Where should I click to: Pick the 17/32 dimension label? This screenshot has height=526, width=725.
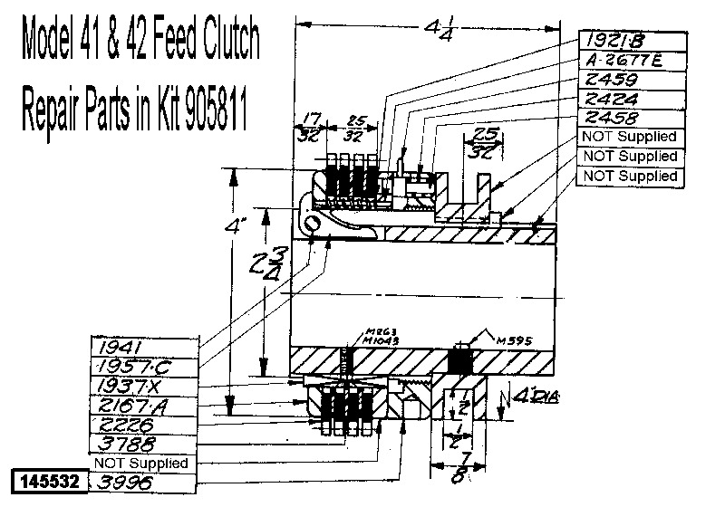tap(310, 127)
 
